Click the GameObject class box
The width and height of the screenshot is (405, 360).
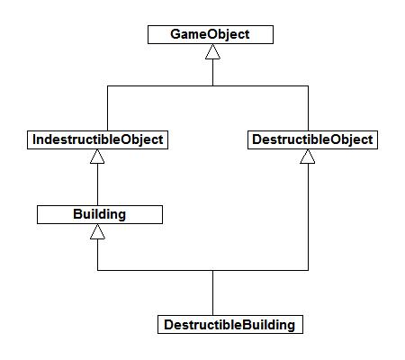point(211,35)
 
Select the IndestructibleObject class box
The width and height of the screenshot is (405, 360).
point(99,140)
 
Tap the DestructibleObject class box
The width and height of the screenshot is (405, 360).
point(308,140)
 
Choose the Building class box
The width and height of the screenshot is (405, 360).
point(99,215)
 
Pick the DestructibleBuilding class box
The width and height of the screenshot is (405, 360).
point(229,324)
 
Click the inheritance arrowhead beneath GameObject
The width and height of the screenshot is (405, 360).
point(211,52)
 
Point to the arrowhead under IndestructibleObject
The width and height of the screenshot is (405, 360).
point(99,157)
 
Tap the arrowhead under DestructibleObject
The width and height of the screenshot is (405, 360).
point(308,157)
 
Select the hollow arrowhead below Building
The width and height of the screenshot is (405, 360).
point(99,232)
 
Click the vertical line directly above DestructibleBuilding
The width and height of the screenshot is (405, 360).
point(212,292)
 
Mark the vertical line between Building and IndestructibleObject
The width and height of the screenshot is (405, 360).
point(99,185)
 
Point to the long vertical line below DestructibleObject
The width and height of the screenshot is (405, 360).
point(308,216)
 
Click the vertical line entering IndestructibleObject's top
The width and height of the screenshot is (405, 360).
point(107,108)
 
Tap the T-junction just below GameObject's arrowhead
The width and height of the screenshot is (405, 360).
point(211,86)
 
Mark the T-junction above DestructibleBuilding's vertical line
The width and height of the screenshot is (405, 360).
point(212,270)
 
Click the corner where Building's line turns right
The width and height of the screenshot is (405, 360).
point(99,270)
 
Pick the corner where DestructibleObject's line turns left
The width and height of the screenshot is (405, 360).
point(308,270)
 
